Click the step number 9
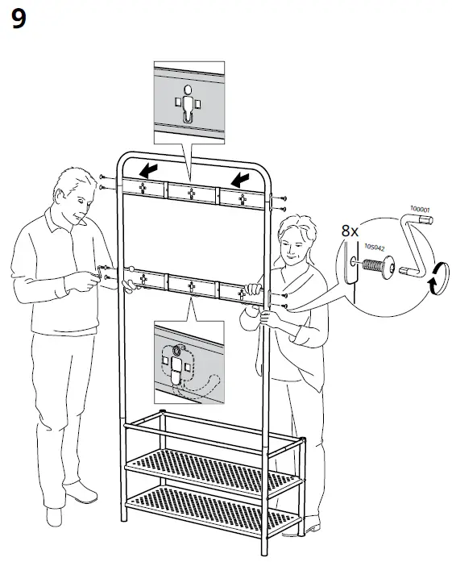(x=19, y=20)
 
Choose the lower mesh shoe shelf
(x=214, y=504)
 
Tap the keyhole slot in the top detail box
(x=188, y=106)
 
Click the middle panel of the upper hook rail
(x=192, y=192)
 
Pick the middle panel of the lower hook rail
(x=192, y=283)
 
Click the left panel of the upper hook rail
(x=143, y=189)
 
